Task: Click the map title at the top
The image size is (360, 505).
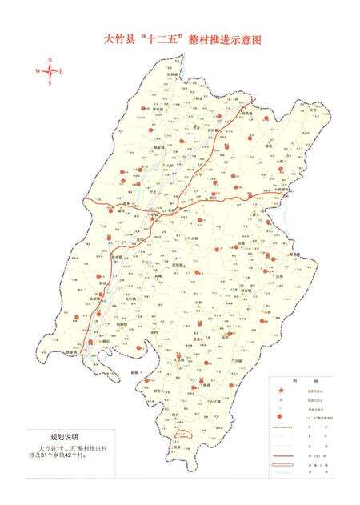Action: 179,38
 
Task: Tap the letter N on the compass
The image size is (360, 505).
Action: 50,60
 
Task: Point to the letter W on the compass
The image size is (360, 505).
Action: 37,71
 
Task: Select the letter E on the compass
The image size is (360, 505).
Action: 62,71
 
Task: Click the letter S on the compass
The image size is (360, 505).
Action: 50,82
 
